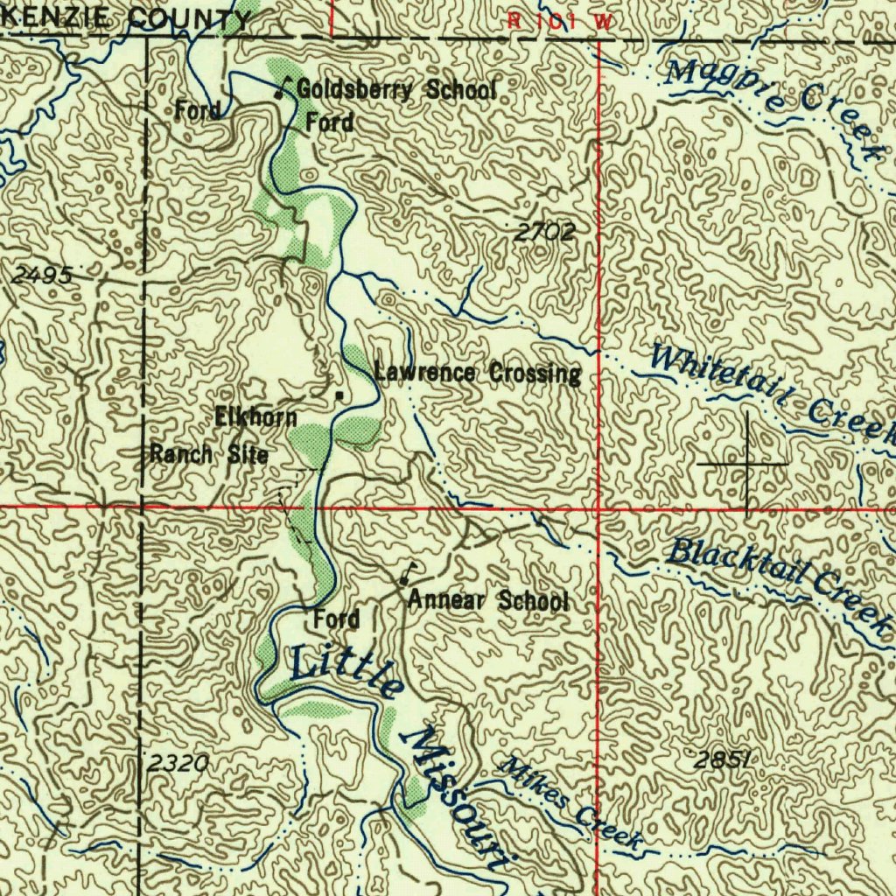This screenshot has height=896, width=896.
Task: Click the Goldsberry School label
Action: pyautogui.click(x=396, y=89)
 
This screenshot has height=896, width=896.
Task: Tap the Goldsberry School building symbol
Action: pyautogui.click(x=281, y=88)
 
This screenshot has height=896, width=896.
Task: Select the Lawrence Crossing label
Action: pyautogui.click(x=478, y=374)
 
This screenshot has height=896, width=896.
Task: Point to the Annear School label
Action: pyautogui.click(x=488, y=601)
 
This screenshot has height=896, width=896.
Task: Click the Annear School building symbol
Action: pyautogui.click(x=404, y=577)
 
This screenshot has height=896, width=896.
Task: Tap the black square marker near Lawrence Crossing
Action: pyautogui.click(x=339, y=396)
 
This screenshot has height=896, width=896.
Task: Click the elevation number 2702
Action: pyautogui.click(x=544, y=232)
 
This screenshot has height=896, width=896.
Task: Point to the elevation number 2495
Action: pyautogui.click(x=42, y=275)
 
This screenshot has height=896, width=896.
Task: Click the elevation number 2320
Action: pyautogui.click(x=178, y=764)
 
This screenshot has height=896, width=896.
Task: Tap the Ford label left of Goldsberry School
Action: pyautogui.click(x=197, y=111)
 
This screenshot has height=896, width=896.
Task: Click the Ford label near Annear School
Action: pyautogui.click(x=337, y=619)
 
